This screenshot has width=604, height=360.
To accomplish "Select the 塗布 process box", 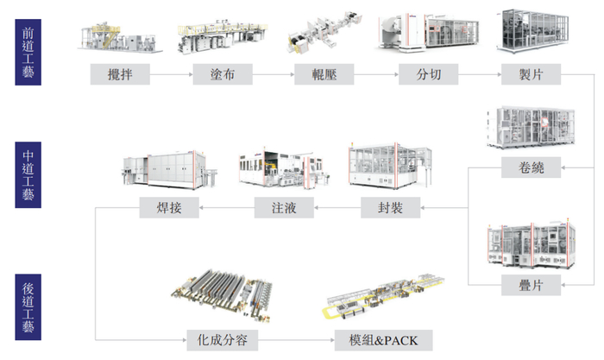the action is [222, 75].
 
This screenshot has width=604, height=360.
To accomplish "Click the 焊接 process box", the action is [169, 208].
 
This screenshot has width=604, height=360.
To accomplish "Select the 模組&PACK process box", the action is [379, 339].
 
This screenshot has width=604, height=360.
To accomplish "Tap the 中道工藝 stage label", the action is [30, 178].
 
